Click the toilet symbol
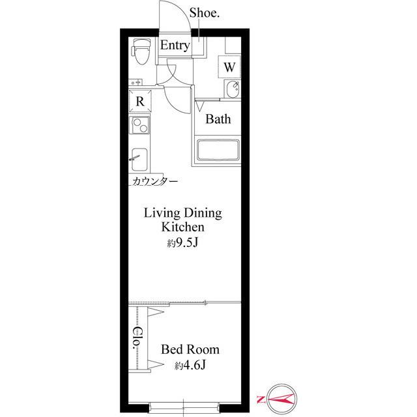tap(141, 51)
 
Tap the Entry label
tap(175, 45)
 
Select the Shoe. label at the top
tap(204, 13)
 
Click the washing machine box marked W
tap(229, 66)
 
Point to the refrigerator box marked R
tap(140, 101)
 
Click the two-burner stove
tap(139, 125)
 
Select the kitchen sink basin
tap(139, 160)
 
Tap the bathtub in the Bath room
tap(218, 151)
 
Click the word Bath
tap(218, 119)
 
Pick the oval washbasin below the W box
tap(233, 89)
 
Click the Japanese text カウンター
tap(155, 181)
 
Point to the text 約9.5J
tap(182, 243)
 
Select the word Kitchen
tap(183, 227)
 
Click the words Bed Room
tap(190, 349)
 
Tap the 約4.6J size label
tap(190, 366)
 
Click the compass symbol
tap(281, 399)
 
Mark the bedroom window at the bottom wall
tap(184, 407)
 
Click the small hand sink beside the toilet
tap(136, 82)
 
